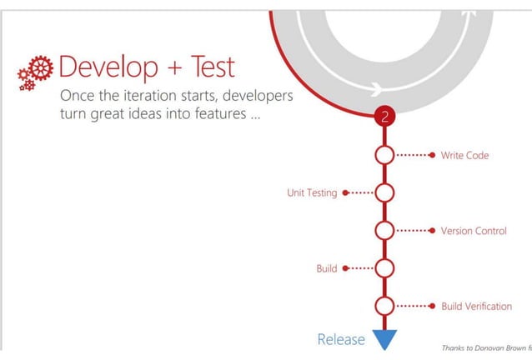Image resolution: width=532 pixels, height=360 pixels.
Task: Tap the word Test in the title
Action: click(206, 67)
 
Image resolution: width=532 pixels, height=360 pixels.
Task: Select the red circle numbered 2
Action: click(384, 117)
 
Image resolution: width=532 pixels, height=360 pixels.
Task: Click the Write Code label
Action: click(464, 155)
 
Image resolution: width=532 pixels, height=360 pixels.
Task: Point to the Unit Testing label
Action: click(312, 192)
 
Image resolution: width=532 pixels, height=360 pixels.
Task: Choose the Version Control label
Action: click(473, 231)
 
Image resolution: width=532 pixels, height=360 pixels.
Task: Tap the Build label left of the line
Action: click(326, 268)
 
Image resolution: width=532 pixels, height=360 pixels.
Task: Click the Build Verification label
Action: click(476, 306)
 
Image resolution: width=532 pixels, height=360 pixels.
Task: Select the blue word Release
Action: click(341, 339)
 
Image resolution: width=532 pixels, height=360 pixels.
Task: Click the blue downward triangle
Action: click(384, 339)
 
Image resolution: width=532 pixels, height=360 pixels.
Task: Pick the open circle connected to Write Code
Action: click(384, 155)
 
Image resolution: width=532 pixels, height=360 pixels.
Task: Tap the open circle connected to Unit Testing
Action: click(384, 192)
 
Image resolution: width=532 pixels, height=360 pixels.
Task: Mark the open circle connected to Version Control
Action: click(384, 231)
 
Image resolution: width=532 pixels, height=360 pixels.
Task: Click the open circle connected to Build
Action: click(384, 268)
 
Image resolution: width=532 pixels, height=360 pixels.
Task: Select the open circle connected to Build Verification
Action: click(384, 306)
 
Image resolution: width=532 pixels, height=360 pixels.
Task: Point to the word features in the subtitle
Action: click(216, 115)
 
